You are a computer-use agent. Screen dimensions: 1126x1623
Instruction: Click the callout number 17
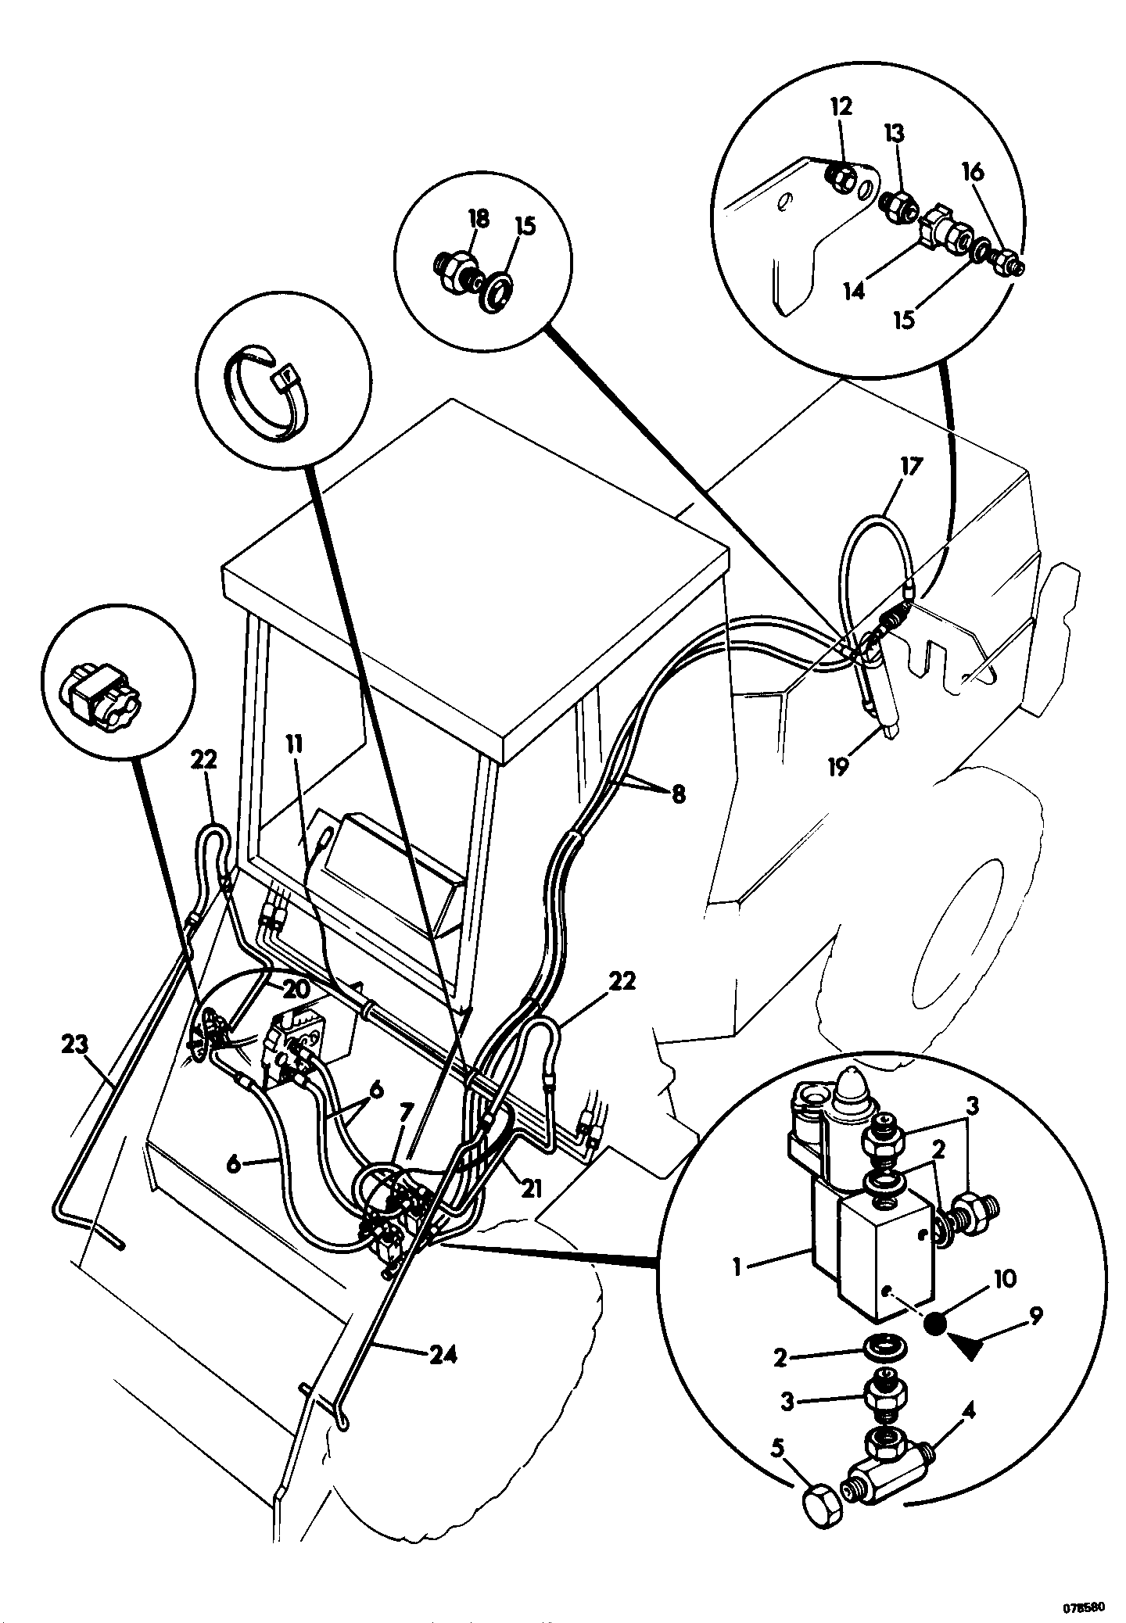[x=911, y=467]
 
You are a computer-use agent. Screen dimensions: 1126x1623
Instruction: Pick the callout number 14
[x=855, y=291]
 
